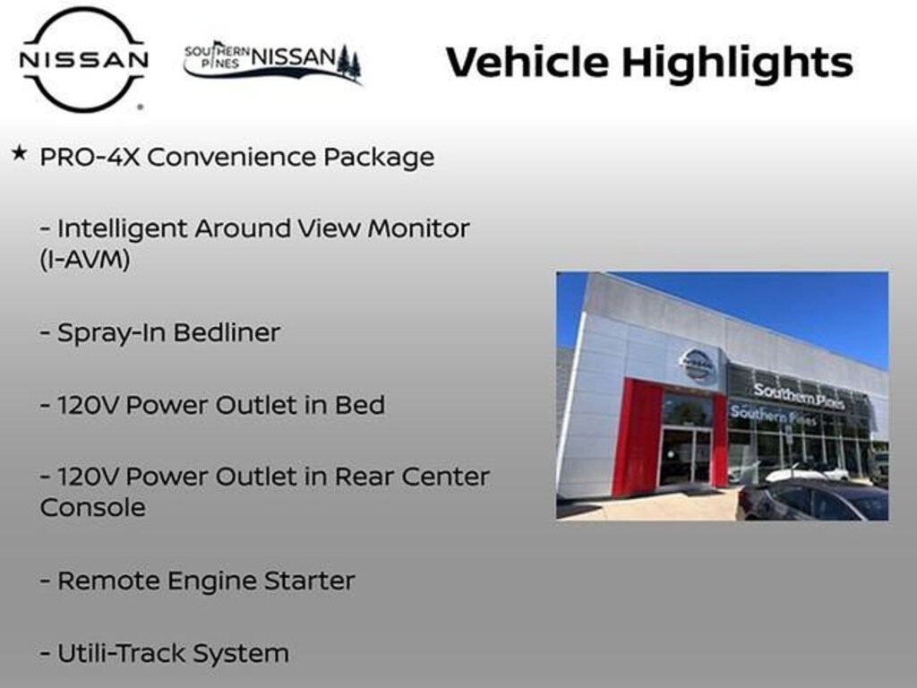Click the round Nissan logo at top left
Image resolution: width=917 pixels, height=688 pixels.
[x=84, y=59]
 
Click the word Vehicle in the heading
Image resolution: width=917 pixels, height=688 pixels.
[x=527, y=62]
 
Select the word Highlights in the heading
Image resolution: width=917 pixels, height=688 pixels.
[x=736, y=63]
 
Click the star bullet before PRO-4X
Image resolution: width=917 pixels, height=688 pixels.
[x=19, y=154]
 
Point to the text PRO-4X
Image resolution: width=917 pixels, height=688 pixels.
[x=90, y=158]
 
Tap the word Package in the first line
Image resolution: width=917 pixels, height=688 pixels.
[x=379, y=158]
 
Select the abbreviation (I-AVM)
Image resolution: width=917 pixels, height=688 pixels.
[x=85, y=261]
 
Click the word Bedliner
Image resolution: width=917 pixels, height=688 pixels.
[x=227, y=333]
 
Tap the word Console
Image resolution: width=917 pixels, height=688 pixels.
[x=92, y=507]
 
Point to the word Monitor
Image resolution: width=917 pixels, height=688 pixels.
[x=417, y=228]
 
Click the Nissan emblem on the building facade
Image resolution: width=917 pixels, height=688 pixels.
[x=697, y=364]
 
